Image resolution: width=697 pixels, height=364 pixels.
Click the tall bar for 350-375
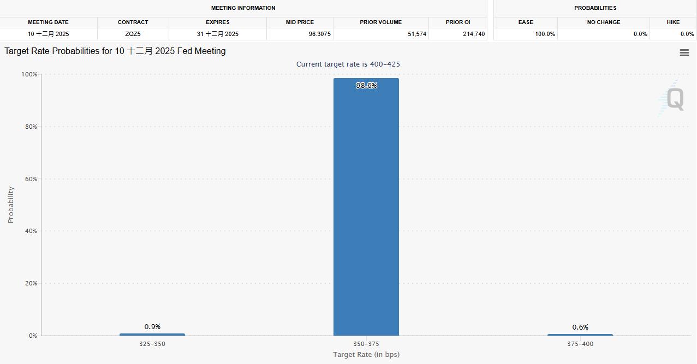tap(366, 207)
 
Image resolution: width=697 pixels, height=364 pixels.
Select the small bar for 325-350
tap(152, 335)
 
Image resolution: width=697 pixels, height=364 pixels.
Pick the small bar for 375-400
tap(580, 335)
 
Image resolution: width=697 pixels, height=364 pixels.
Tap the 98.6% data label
tap(366, 86)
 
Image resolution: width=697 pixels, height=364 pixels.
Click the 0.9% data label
tap(152, 327)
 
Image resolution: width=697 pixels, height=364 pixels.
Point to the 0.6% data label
tap(580, 327)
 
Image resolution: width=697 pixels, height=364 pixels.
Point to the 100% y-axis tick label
tap(29, 74)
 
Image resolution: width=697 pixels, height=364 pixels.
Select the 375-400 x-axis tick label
tap(580, 344)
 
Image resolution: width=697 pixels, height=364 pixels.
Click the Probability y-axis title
tap(11, 205)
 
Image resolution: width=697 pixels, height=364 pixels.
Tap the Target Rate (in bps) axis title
tap(366, 355)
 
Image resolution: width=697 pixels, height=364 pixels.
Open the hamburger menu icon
tap(684, 53)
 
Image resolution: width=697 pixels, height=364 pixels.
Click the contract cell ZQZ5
tap(133, 34)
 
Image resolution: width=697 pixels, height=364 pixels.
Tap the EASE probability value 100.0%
tap(545, 34)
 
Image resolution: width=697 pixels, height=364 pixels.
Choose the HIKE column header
tap(673, 22)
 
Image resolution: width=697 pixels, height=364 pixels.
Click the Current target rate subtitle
tap(348, 64)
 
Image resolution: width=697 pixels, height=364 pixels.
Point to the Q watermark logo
tap(675, 99)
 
